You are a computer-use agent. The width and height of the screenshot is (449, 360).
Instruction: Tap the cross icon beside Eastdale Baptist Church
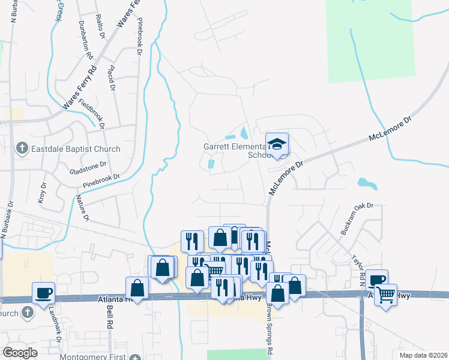pyautogui.click(x=22, y=148)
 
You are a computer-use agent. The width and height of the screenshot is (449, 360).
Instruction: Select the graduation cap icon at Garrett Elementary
pyautogui.click(x=277, y=145)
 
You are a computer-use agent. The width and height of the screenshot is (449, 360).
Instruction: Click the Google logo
pyautogui.click(x=20, y=353)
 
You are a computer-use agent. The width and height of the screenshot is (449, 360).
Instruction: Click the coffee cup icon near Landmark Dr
pyautogui.click(x=44, y=293)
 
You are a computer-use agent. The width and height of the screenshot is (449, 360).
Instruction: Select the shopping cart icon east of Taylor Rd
pyautogui.click(x=386, y=294)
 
